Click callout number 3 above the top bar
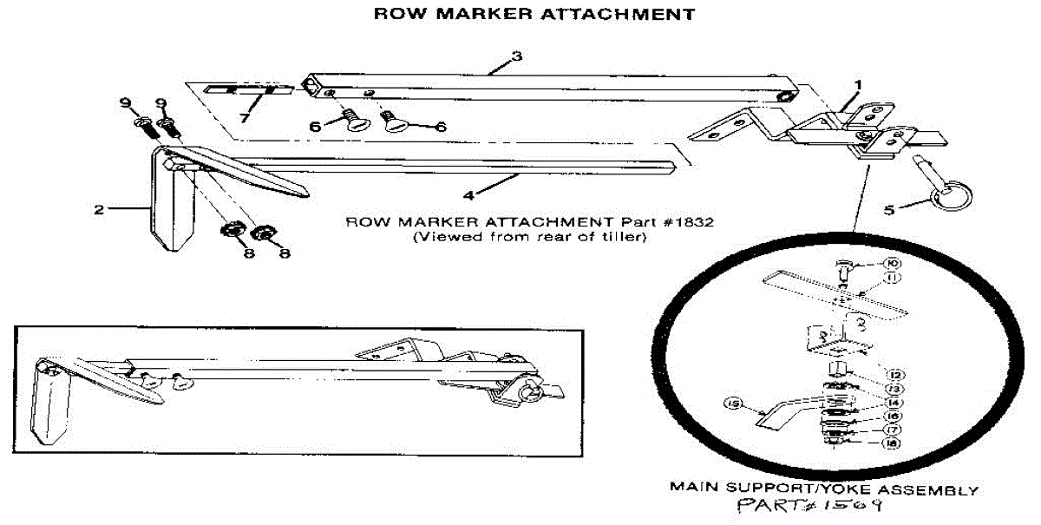(516, 56)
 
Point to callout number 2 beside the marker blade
(100, 209)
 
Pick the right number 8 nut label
(284, 253)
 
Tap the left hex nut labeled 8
(232, 231)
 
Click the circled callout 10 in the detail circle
(891, 263)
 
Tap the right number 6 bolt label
(440, 127)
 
